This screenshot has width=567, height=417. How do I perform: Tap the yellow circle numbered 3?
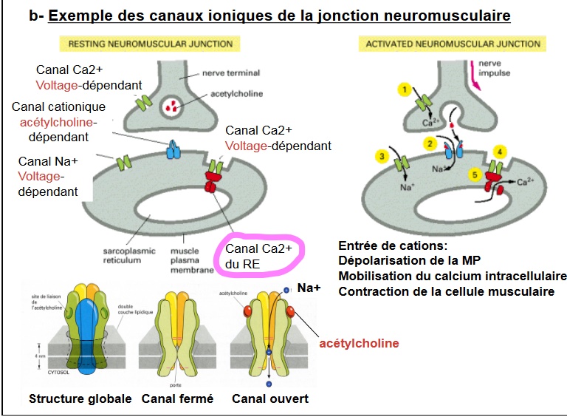[x=382, y=156]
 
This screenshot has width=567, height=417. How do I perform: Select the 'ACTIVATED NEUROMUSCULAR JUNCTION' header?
[x=453, y=44]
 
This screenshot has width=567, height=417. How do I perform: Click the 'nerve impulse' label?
[x=494, y=68]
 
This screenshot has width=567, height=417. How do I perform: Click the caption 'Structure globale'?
[x=80, y=399]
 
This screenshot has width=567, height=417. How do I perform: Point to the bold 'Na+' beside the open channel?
[x=309, y=286]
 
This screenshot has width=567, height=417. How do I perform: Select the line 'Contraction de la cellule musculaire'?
[x=446, y=291]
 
